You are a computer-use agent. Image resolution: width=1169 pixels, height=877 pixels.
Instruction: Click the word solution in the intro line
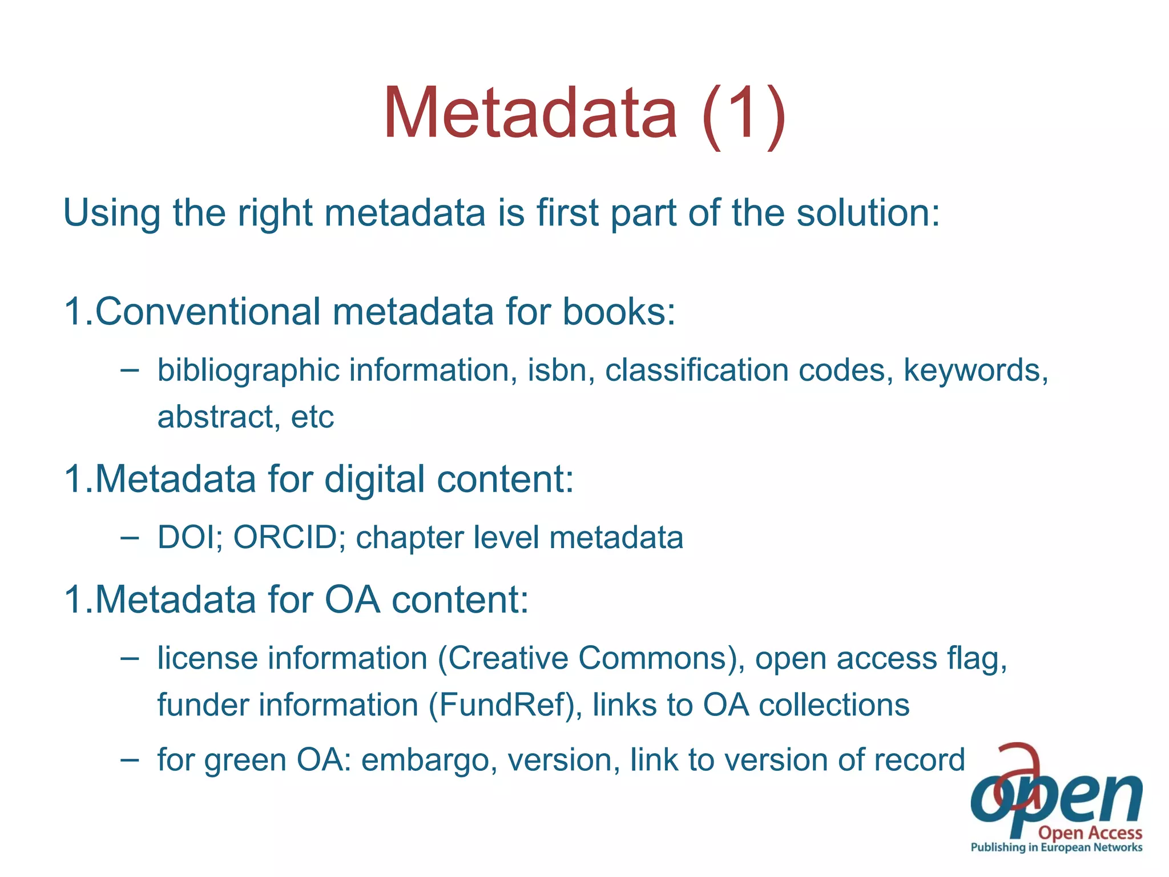coord(868,212)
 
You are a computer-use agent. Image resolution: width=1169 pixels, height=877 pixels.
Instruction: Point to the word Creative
coord(507,658)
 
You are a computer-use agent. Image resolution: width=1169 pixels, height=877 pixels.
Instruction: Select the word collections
coord(834,705)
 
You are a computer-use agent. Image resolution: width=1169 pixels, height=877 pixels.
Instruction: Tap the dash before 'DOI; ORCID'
coord(130,537)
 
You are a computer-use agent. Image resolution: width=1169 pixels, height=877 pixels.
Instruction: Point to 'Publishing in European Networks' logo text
coord(1057,847)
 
